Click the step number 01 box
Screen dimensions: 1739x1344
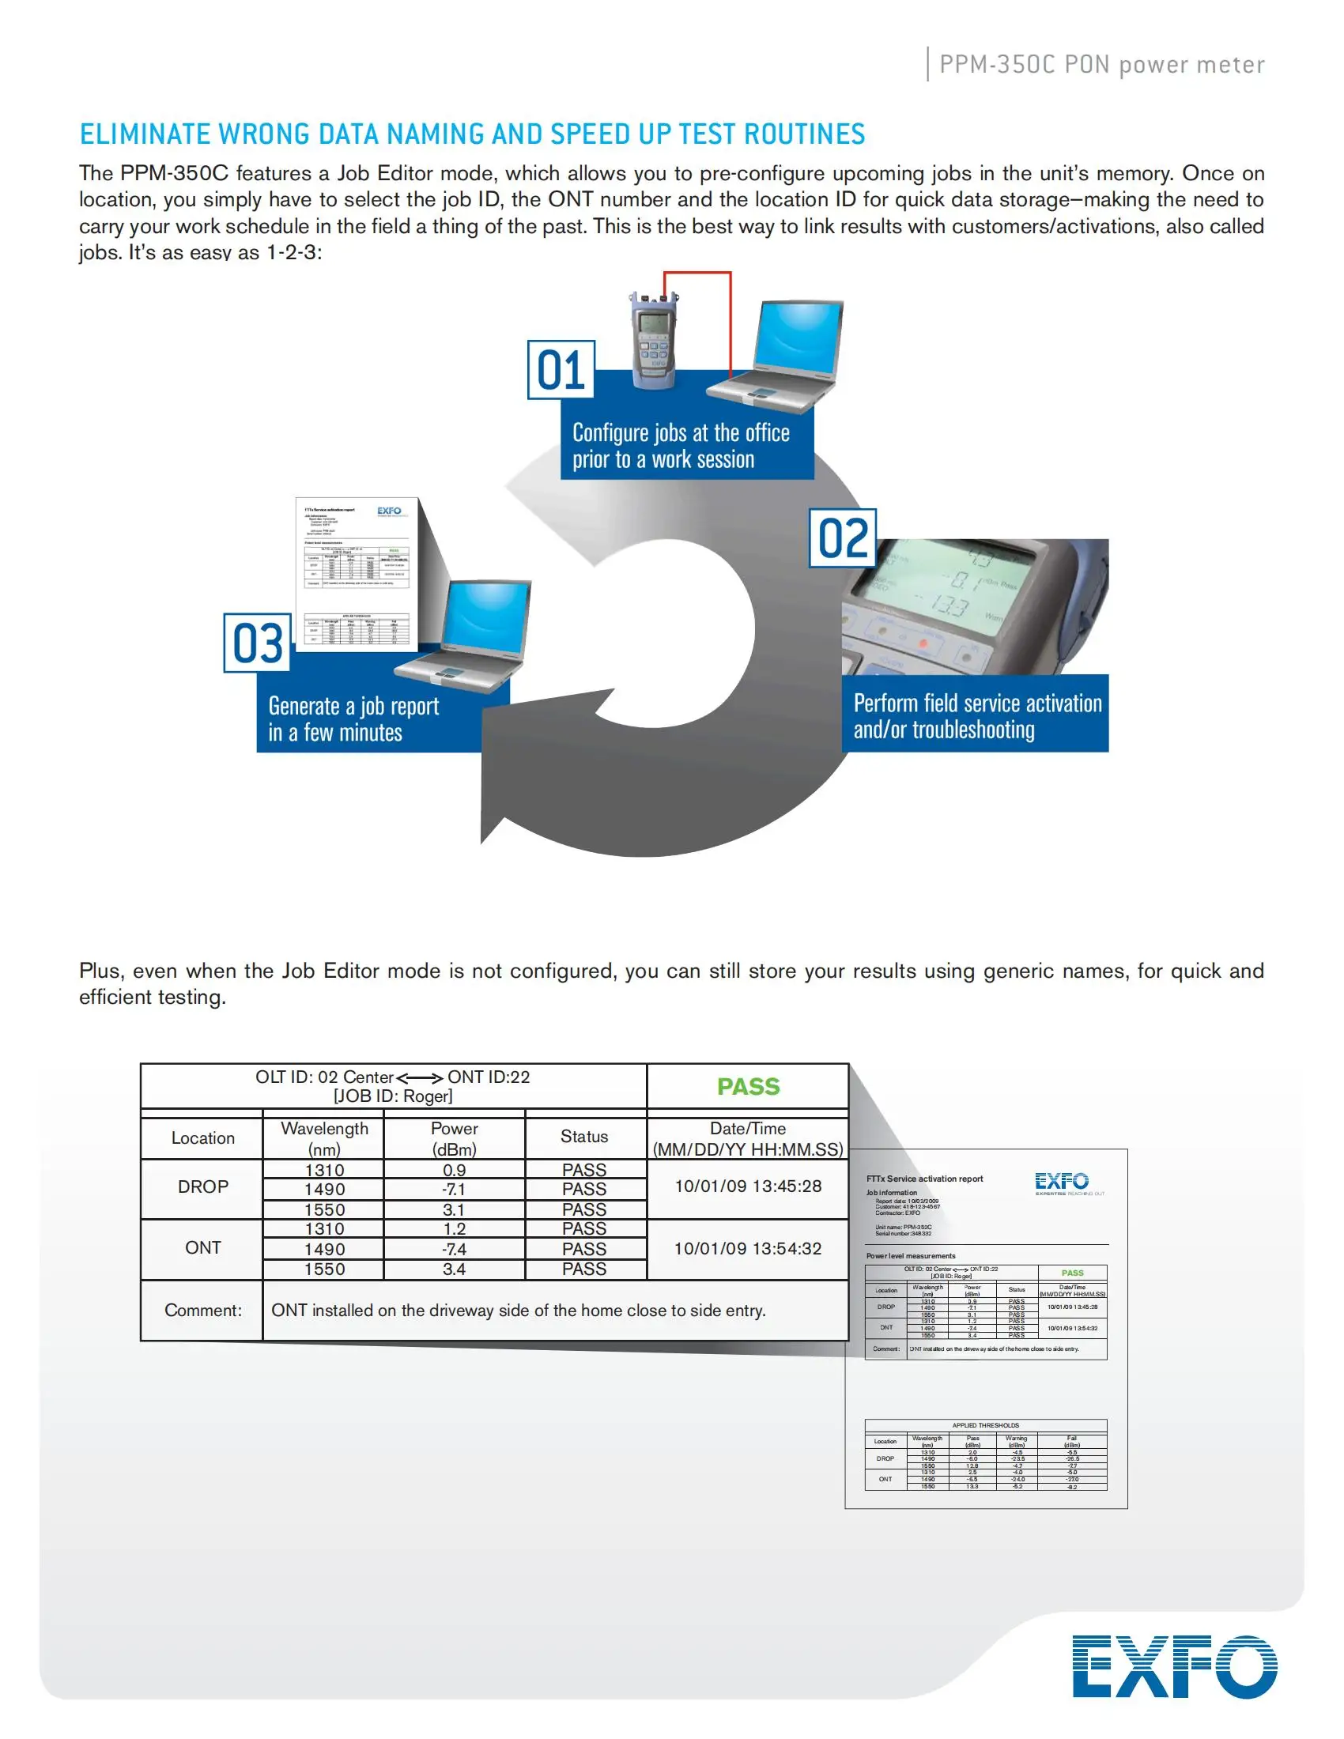pos(561,369)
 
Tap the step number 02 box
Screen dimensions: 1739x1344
pos(843,538)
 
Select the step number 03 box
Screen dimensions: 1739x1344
pos(257,643)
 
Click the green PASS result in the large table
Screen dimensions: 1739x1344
pos(748,1086)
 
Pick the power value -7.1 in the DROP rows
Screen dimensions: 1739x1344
pos(454,1189)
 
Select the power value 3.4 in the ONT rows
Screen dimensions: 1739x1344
pos(454,1269)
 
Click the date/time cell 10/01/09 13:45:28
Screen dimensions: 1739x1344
pos(748,1186)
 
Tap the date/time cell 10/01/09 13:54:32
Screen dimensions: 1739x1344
pos(748,1247)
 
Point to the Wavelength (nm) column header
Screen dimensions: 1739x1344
pos(324,1137)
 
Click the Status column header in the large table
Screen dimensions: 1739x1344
pos(583,1136)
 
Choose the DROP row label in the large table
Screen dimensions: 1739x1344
pos(202,1186)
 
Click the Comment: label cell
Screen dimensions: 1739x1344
pos(202,1310)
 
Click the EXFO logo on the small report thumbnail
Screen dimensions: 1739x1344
pos(1061,1181)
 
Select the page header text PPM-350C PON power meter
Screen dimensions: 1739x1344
pos(1101,65)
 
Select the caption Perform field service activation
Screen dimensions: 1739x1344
pos(977,703)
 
